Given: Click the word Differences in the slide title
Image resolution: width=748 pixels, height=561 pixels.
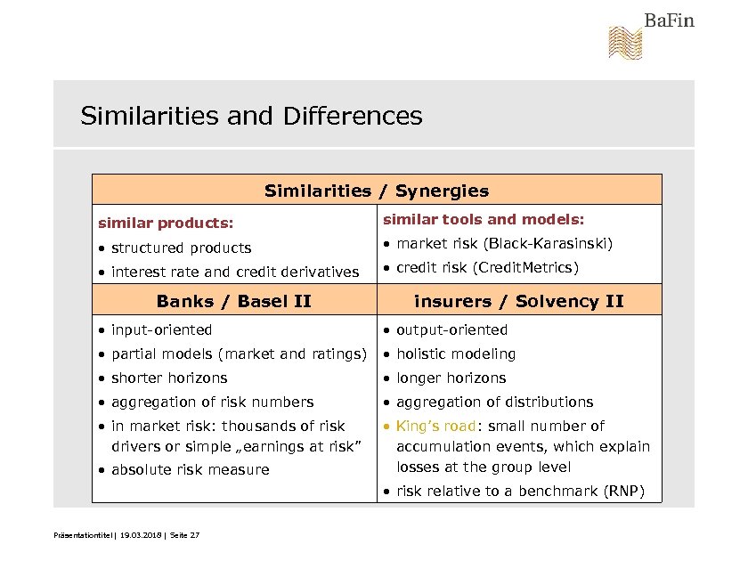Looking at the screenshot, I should pos(353,117).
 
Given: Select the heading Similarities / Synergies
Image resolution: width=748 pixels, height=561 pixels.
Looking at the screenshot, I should pos(377,191).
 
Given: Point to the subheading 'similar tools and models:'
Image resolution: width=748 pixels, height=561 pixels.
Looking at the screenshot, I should pos(484,219).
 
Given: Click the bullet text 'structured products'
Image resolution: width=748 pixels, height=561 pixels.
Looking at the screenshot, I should pos(181,248).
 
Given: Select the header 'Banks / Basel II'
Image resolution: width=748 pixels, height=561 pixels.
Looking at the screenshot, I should pos(233,301).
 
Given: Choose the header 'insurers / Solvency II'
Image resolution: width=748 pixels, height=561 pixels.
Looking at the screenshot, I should pos(519,301).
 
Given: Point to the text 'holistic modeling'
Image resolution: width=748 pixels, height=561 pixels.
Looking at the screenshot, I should pos(456,354).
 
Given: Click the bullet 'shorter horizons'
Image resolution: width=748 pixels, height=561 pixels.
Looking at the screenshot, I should pos(169,378).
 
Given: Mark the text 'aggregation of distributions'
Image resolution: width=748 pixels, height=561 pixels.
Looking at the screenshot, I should pos(494,402).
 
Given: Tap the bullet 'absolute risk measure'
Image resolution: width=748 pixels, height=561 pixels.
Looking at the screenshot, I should pos(190,469).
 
